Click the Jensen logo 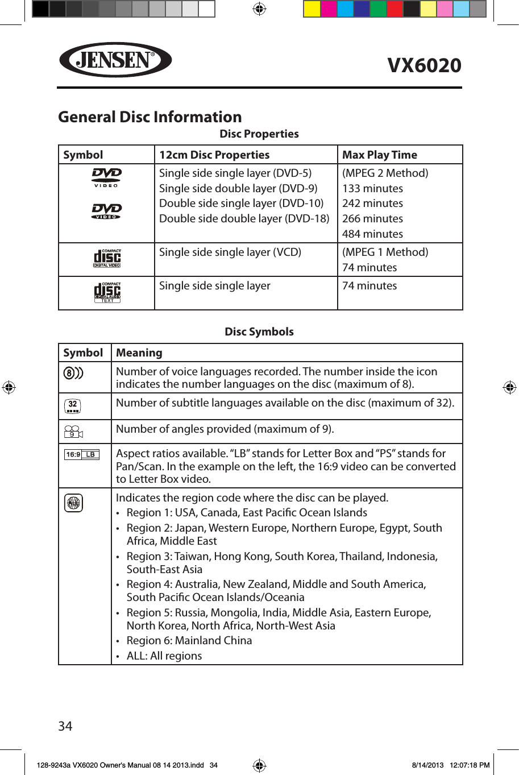(x=115, y=60)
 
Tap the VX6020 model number (x=424, y=65)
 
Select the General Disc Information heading (x=150, y=117)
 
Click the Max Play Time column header (x=379, y=155)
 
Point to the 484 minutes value (x=372, y=234)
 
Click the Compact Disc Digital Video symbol (x=107, y=259)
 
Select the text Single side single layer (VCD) (x=230, y=252)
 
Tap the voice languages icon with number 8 (x=73, y=373)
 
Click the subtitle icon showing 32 (x=73, y=406)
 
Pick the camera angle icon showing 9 (x=73, y=432)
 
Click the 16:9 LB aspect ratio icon (x=82, y=454)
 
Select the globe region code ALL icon (x=73, y=503)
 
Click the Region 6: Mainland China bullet (x=189, y=640)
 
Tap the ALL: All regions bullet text (x=164, y=656)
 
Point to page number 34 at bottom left (x=65, y=726)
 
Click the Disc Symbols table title (x=259, y=331)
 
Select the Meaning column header (x=139, y=353)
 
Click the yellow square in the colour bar (x=312, y=9)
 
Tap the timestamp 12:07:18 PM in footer (x=469, y=765)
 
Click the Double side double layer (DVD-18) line (x=244, y=218)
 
